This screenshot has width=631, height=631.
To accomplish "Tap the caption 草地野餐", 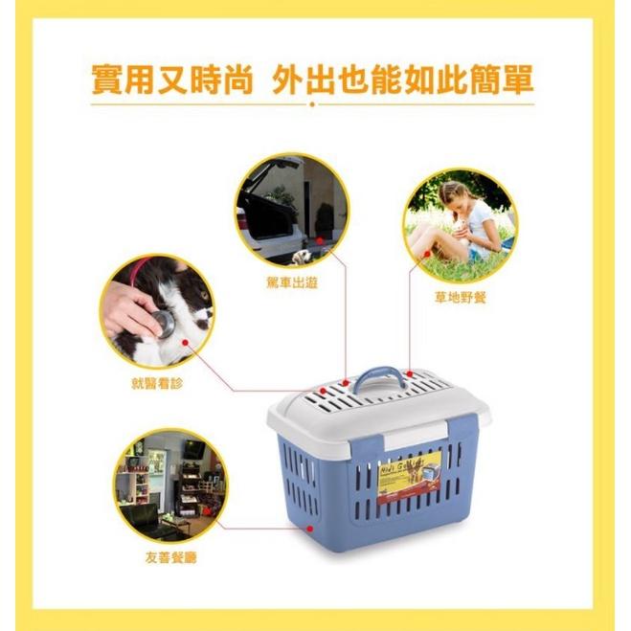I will (460, 298).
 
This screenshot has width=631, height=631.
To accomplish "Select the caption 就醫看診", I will (156, 382).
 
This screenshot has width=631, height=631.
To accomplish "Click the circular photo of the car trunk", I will (292, 211).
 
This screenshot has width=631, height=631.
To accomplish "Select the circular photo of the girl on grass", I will (460, 226).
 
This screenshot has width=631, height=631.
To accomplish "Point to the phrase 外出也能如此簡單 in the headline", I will (402, 80).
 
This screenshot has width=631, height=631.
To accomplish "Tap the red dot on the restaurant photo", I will (218, 525).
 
